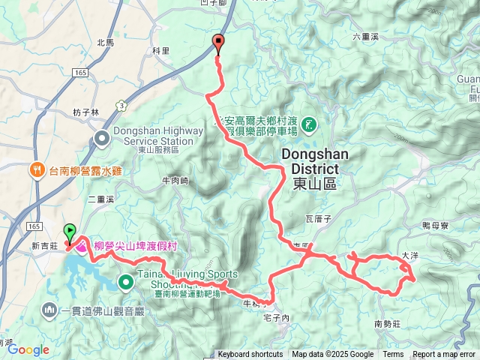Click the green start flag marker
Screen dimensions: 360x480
click(70, 230)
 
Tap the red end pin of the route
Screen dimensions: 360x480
click(218, 43)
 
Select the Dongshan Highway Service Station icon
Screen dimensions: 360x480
click(102, 137)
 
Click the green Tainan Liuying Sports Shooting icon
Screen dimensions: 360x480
click(125, 282)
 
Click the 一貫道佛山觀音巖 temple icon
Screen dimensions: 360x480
click(49, 309)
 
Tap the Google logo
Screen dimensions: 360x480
click(28, 349)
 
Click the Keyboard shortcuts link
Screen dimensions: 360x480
click(250, 355)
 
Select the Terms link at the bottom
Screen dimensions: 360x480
click(393, 355)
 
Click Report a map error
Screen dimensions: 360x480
click(444, 355)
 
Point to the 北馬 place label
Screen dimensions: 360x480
click(106, 43)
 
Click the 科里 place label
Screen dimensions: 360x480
click(161, 50)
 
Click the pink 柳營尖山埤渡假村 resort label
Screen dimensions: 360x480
click(138, 245)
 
